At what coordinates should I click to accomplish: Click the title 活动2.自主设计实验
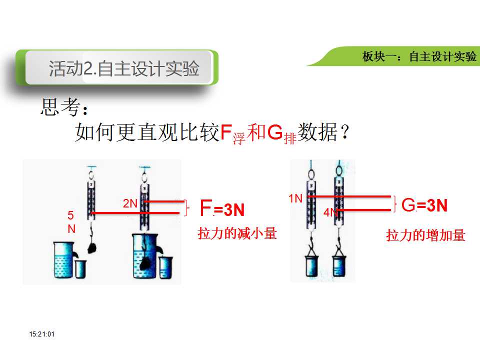tap(124, 68)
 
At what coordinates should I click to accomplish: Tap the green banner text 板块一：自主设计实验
tap(419, 56)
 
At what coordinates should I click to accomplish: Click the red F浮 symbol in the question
tap(232, 133)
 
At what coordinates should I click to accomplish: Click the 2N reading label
tap(130, 203)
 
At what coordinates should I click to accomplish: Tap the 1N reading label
tap(295, 198)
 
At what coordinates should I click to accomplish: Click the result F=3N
tap(222, 208)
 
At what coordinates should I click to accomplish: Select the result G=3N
tap(424, 205)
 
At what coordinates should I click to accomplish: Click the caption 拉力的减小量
tap(237, 233)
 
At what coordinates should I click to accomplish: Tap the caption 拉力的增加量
tap(426, 235)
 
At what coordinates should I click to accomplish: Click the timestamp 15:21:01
tap(42, 334)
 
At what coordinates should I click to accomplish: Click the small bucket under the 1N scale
tap(311, 266)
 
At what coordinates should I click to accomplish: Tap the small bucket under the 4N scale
tap(339, 266)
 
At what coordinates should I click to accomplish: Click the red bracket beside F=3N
tap(186, 207)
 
